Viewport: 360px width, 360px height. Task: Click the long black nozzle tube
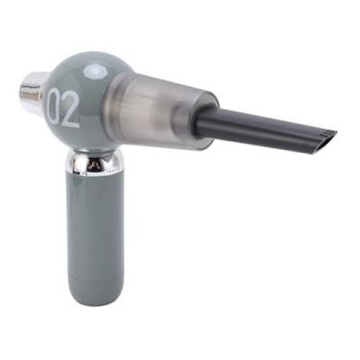tap(259, 132)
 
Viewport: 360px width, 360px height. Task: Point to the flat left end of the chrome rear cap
tap(22, 97)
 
